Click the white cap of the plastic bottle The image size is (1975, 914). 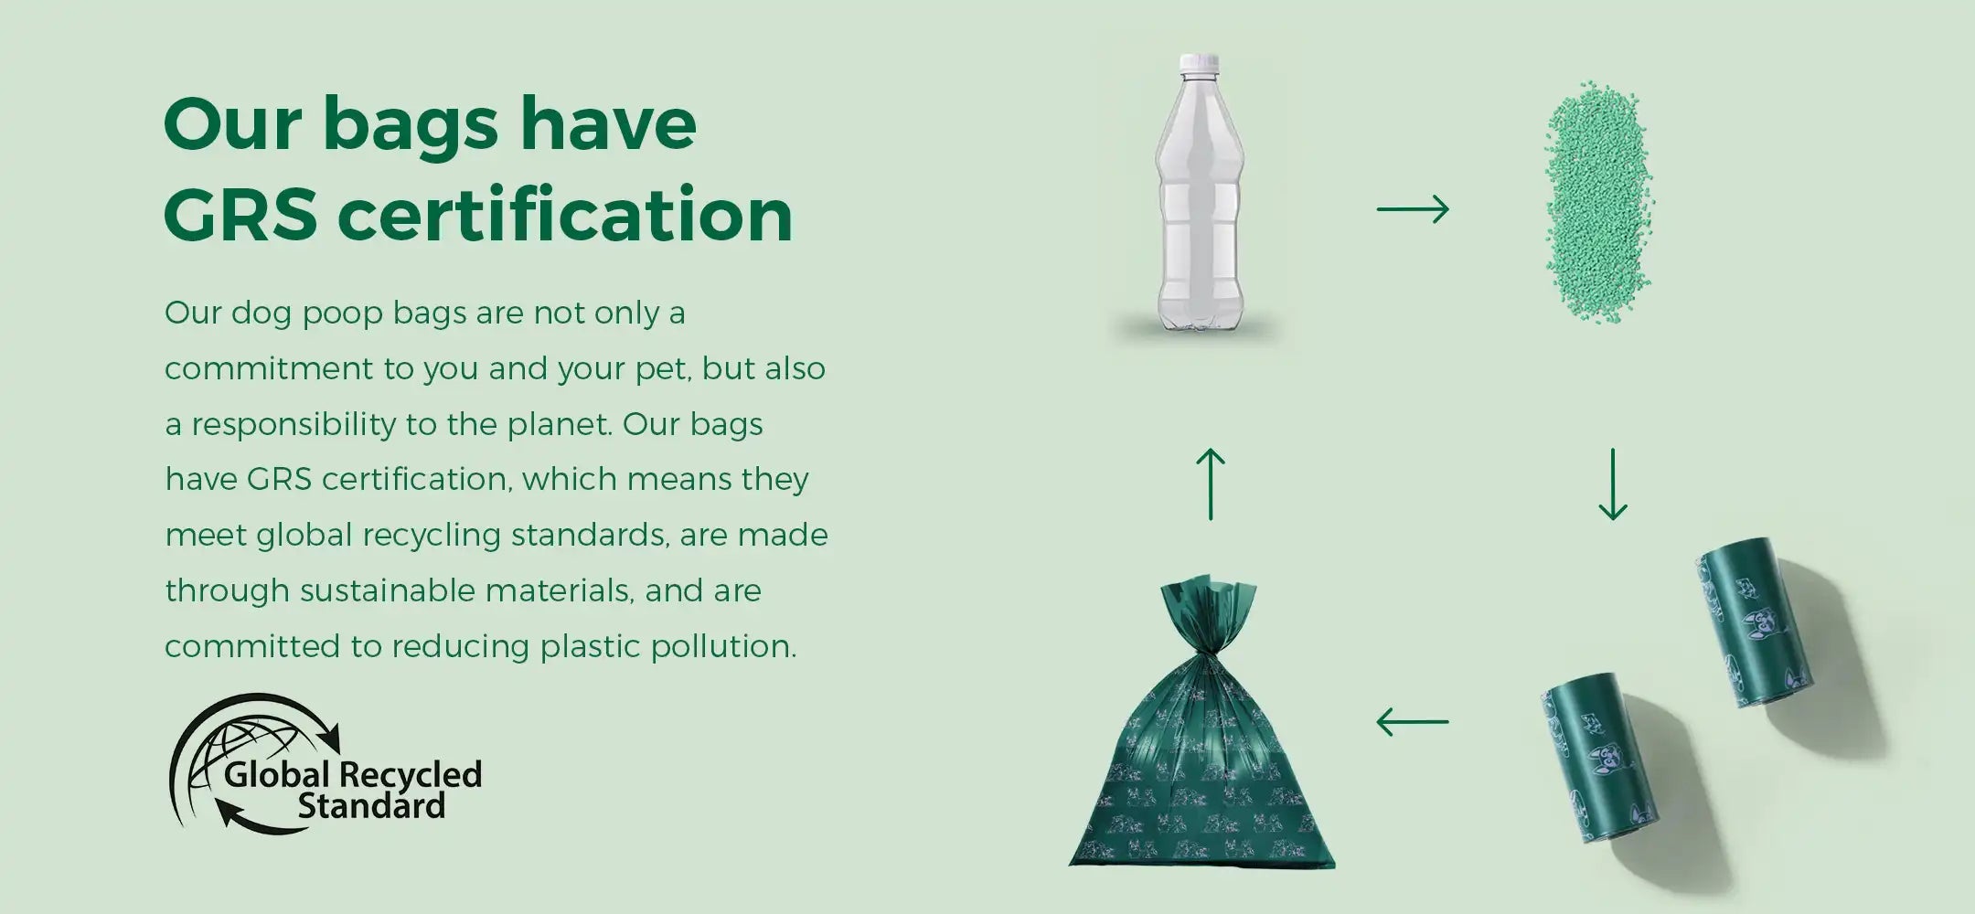pyautogui.click(x=1201, y=63)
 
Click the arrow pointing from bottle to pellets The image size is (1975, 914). pyautogui.click(x=1413, y=209)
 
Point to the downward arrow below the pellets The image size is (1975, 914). pyautogui.click(x=1612, y=484)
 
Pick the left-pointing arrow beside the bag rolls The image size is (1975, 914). pyautogui.click(x=1413, y=722)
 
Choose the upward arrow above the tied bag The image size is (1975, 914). pyautogui.click(x=1211, y=484)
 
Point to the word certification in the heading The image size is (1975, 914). pyautogui.click(x=565, y=216)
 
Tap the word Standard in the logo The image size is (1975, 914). pyautogui.click(x=371, y=806)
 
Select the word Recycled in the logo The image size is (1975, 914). pyautogui.click(x=411, y=774)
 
